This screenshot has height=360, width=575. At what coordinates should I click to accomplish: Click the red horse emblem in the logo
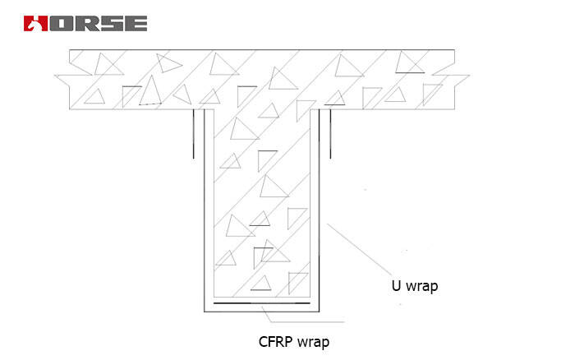(x=34, y=22)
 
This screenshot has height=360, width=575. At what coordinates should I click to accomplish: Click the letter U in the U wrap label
(x=396, y=287)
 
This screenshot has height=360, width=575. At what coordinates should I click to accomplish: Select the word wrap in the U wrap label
(x=422, y=288)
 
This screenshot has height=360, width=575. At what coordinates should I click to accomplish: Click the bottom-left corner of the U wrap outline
(x=205, y=312)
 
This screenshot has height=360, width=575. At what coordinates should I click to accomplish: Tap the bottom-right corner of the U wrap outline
(x=320, y=312)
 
